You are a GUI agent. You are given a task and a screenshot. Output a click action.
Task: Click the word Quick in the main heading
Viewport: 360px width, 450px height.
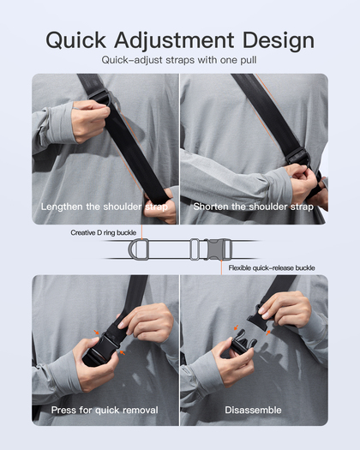[75, 40]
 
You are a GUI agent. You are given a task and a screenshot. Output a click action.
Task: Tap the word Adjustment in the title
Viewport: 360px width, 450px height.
[174, 41]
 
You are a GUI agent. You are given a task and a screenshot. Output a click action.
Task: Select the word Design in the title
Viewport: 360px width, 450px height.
[279, 41]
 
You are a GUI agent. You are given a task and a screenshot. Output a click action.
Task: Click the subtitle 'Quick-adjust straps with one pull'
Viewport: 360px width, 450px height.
[179, 60]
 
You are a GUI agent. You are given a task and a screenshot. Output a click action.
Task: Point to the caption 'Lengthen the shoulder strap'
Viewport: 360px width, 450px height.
[105, 207]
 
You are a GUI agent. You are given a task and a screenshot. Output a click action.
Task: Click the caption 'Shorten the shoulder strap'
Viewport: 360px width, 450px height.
[254, 207]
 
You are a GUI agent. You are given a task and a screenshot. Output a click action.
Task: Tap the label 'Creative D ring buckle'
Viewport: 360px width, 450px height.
[104, 232]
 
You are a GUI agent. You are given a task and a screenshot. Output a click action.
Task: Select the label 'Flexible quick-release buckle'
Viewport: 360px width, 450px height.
[272, 268]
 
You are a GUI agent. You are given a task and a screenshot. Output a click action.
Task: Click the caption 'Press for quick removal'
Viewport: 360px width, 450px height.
[105, 410]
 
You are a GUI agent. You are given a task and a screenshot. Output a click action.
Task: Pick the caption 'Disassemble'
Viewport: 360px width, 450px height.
[253, 410]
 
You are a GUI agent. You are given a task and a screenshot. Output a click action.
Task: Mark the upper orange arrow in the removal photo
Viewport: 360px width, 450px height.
[97, 333]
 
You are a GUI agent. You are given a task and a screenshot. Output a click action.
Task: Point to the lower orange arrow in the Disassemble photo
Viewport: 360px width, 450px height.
[268, 333]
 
